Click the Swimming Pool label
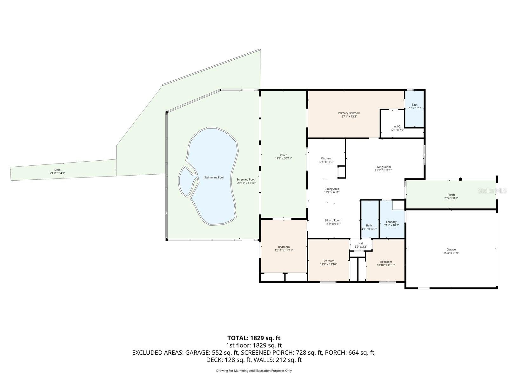pyautogui.click(x=214, y=177)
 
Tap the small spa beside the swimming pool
pyautogui.click(x=186, y=181)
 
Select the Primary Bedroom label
pyautogui.click(x=349, y=113)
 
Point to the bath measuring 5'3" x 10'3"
pyautogui.click(x=414, y=107)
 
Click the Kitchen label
pyautogui.click(x=326, y=158)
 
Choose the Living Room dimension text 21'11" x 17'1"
pyautogui.click(x=383, y=170)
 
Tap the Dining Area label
pyautogui.click(x=332, y=189)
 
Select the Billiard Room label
pyautogui.click(x=333, y=220)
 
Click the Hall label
pyautogui.click(x=361, y=243)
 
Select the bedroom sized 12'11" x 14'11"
pyautogui.click(x=284, y=249)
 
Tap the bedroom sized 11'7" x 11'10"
pyautogui.click(x=328, y=263)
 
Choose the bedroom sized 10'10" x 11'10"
pyautogui.click(x=386, y=263)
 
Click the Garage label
pyautogui.click(x=451, y=250)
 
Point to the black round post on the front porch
pyautogui.click(x=460, y=179)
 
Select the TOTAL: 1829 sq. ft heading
pyautogui.click(x=254, y=338)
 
